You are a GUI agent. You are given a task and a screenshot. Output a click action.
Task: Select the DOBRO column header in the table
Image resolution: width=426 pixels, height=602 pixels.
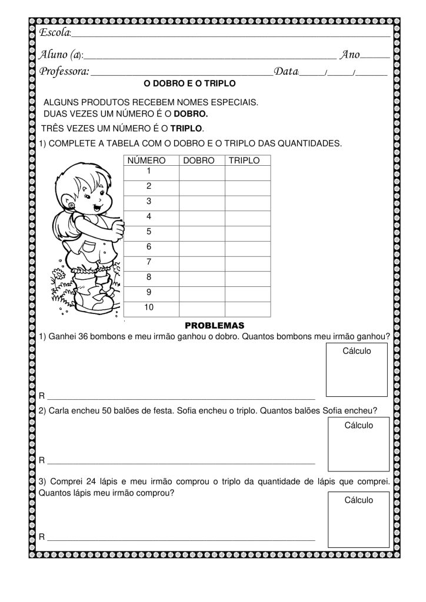tap(199, 160)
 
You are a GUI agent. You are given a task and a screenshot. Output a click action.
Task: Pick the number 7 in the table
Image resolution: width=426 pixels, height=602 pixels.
tap(149, 262)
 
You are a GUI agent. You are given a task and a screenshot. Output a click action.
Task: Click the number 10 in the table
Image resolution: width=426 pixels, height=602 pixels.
tap(149, 307)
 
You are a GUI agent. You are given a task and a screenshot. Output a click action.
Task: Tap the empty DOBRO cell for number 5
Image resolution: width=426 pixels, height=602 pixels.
tap(202, 232)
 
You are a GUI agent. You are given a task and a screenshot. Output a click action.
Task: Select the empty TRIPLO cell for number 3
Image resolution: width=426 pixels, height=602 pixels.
tap(247, 201)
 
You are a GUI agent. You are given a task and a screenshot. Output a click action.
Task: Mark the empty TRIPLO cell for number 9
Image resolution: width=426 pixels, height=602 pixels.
tap(247, 292)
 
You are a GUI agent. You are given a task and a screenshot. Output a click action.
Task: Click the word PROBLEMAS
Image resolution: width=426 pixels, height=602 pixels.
tap(214, 325)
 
